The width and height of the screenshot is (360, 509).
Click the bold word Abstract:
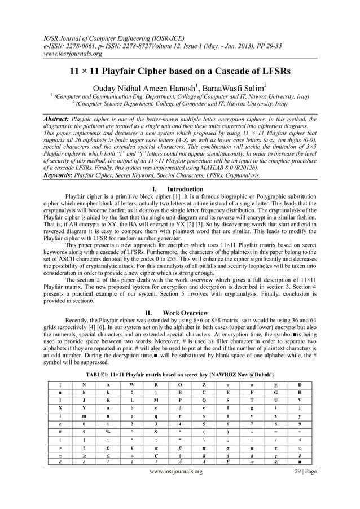coord(59,120)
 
